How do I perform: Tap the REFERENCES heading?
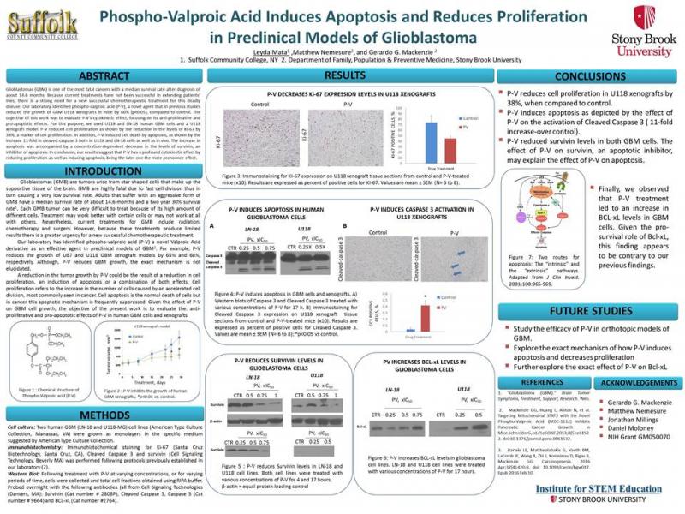[541, 381]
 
